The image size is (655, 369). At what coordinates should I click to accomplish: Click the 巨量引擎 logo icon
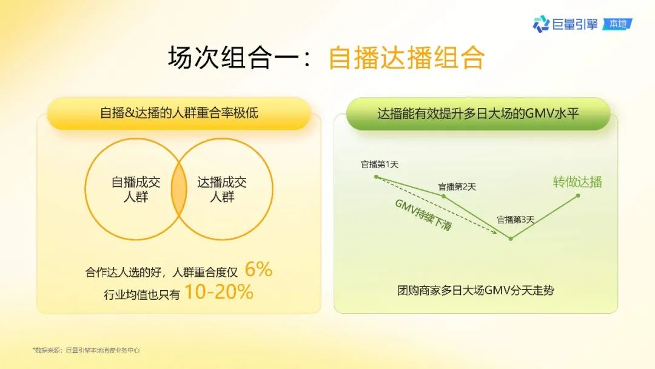point(540,24)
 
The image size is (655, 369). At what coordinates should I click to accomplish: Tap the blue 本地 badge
point(617,24)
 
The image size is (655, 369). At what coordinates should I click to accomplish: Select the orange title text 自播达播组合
point(406,58)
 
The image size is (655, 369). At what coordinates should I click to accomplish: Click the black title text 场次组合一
point(233,57)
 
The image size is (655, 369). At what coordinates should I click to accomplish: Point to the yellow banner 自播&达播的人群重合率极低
point(179,113)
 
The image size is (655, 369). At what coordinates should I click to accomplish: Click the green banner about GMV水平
point(478,113)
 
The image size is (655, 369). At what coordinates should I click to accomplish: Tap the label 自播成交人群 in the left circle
point(136,189)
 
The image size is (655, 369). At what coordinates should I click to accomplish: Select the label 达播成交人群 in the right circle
point(222,189)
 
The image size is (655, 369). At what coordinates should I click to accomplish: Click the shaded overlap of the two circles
point(179,189)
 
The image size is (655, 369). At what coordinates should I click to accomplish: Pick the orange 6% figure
point(258,269)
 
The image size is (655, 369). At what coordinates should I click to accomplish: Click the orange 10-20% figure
point(219,292)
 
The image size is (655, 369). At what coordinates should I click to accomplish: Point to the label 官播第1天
point(379,164)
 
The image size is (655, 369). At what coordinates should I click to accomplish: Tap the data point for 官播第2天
point(443,196)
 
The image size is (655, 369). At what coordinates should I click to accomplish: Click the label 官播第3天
point(515,219)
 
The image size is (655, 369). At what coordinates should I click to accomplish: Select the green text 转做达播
point(577,182)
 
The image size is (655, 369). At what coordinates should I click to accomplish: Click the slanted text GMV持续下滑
point(423,215)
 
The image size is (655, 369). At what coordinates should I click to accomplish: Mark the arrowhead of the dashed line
point(495,231)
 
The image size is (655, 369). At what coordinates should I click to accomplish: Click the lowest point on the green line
point(511,239)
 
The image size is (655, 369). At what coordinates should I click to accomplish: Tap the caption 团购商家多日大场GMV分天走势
point(475,291)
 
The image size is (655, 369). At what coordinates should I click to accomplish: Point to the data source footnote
point(86,350)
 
